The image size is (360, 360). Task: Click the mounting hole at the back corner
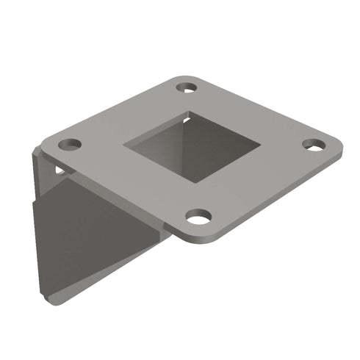(x=187, y=87)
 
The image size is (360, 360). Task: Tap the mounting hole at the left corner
(x=70, y=144)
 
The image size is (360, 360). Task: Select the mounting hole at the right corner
(x=314, y=145)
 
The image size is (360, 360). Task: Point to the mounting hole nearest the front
(x=198, y=217)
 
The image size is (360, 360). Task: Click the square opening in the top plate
(x=192, y=146)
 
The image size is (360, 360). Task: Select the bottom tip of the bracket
(x=55, y=302)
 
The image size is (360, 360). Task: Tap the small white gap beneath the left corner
(x=60, y=171)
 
